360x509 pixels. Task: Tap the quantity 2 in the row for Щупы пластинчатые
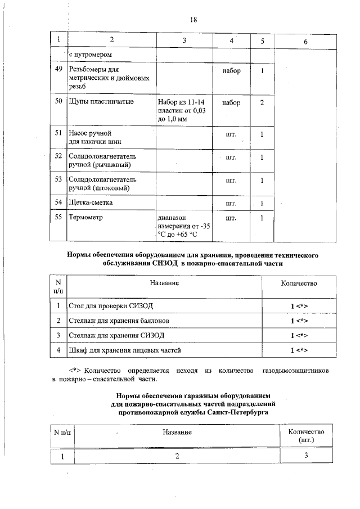[262, 103]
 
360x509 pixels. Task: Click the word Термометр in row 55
[86, 217]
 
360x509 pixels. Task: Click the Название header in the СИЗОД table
[165, 283]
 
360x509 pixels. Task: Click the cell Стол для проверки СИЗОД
[110, 305]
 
